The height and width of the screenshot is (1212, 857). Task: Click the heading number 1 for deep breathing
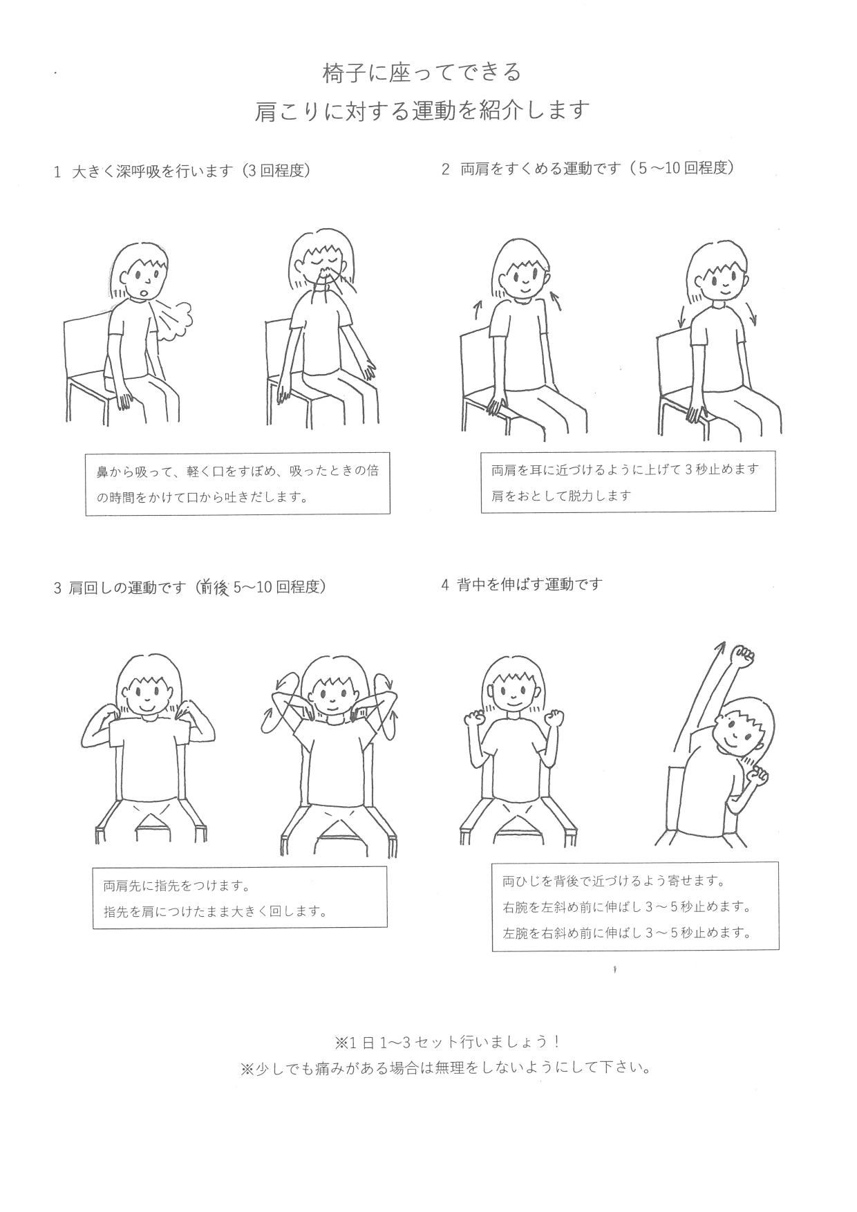[57, 172]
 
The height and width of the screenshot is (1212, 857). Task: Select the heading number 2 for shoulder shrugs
[446, 169]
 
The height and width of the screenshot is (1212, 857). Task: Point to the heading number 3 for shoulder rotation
[57, 589]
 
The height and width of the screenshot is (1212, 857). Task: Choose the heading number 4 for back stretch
[445, 585]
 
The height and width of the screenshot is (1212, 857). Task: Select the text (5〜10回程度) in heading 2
[680, 168]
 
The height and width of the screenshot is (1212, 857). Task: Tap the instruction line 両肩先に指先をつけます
[176, 886]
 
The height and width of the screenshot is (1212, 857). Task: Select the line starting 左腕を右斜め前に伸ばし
[627, 932]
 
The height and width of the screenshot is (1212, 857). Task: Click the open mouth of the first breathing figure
[143, 292]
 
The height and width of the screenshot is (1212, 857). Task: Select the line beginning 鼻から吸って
[238, 472]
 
